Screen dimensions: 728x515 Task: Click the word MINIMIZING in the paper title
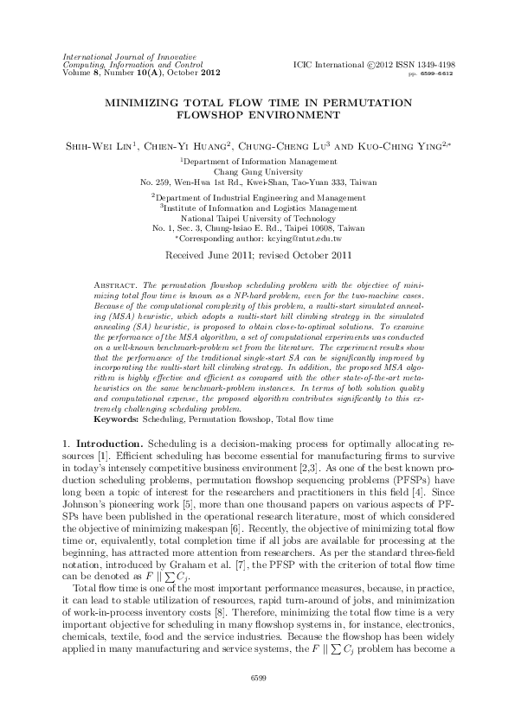point(142,101)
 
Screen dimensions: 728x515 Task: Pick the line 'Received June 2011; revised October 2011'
point(257,256)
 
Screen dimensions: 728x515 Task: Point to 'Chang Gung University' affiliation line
point(257,171)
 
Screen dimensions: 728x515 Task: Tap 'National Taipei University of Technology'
point(257,218)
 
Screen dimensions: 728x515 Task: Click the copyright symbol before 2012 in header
point(372,65)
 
